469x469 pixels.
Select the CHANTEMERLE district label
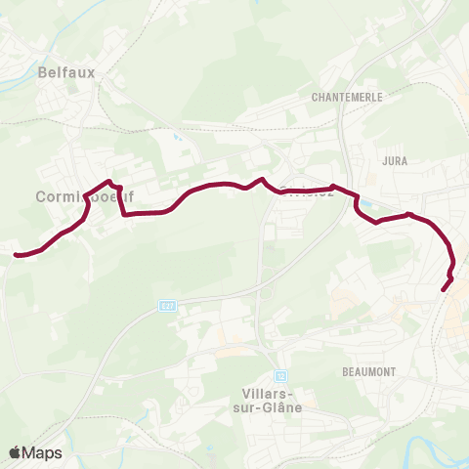[347, 98]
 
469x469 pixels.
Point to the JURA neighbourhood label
[395, 160]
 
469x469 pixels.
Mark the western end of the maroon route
[17, 255]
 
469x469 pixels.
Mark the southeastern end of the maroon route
[445, 289]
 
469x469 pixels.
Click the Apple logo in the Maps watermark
[16, 452]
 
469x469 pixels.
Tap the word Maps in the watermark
[42, 452]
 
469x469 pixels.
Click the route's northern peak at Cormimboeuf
[109, 181]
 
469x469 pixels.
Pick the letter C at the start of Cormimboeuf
[40, 195]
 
